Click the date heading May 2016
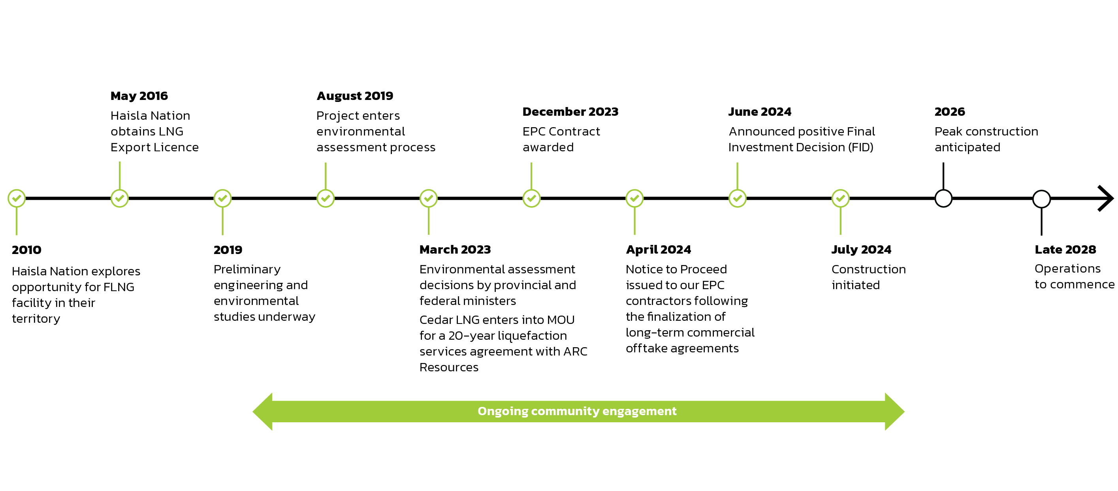click(x=139, y=96)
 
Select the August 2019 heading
click(x=355, y=96)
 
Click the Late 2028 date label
click(x=1065, y=250)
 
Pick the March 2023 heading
click(x=455, y=250)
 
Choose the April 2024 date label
click(x=659, y=250)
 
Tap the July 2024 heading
click(x=861, y=250)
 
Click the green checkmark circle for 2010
click(x=17, y=198)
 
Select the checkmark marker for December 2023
click(x=531, y=198)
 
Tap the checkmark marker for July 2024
click(x=840, y=198)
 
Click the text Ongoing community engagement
click(x=577, y=411)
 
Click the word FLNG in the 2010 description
click(x=119, y=287)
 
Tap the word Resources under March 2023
click(x=449, y=367)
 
